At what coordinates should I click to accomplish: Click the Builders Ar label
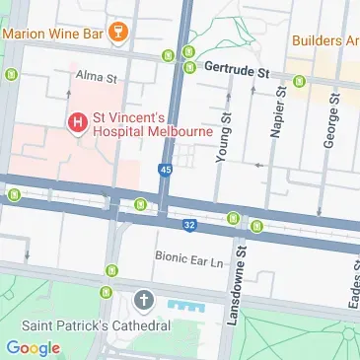coord(324,41)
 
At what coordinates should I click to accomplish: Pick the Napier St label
coord(279,110)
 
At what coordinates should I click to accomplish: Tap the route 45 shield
coord(163,171)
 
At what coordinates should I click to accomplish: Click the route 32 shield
coord(187,226)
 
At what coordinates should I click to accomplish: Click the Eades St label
coord(352,286)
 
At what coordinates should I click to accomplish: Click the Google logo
coord(33,347)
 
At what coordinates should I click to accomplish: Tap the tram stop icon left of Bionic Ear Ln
coord(110,269)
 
